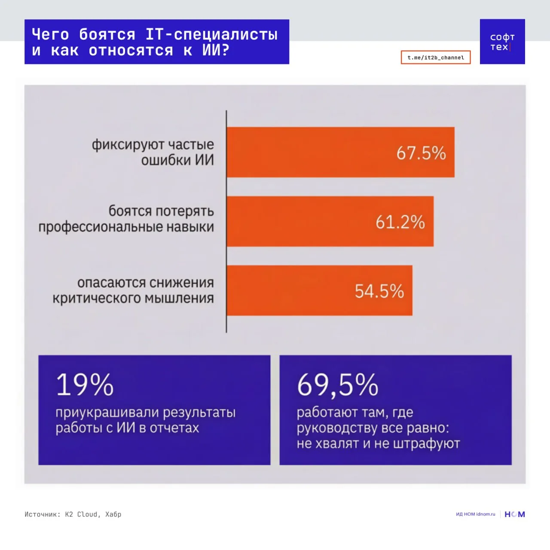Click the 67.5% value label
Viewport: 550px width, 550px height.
[x=421, y=153]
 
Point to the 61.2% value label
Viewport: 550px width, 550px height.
[x=400, y=222]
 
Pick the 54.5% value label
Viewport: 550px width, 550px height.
[x=379, y=291]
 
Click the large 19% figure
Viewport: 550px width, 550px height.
[x=85, y=385]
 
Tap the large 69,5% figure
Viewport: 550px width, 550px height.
[x=337, y=385]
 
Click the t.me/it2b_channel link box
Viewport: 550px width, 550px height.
[x=436, y=58]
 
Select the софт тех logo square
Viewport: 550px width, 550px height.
[x=502, y=42]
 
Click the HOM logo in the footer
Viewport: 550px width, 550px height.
[x=515, y=514]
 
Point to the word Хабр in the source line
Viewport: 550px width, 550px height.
[x=113, y=514]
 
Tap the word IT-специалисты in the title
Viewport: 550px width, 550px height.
[x=212, y=34]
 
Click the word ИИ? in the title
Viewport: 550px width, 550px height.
[x=216, y=51]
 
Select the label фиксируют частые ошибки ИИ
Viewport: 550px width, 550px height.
[x=153, y=152]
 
